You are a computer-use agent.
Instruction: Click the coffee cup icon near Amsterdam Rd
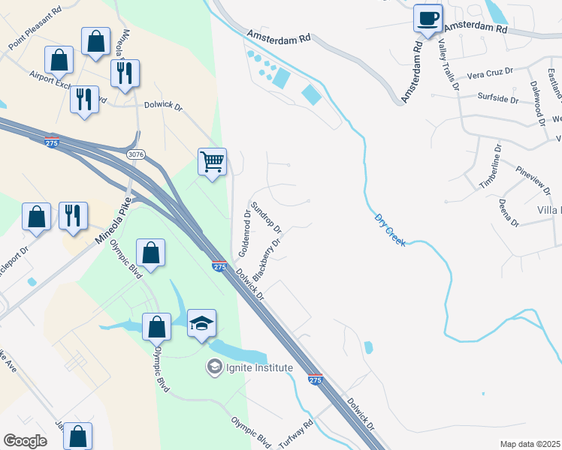point(428,18)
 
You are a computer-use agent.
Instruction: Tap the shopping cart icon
point(213,160)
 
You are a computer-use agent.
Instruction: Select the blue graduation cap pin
point(201,323)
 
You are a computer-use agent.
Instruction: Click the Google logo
point(25,441)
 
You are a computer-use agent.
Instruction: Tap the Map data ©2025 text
point(530,444)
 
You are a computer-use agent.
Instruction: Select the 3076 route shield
point(136,154)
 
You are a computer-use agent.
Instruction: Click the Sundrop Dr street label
point(266,217)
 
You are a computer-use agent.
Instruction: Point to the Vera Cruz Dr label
point(489,73)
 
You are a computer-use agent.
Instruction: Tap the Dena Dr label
point(509,213)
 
